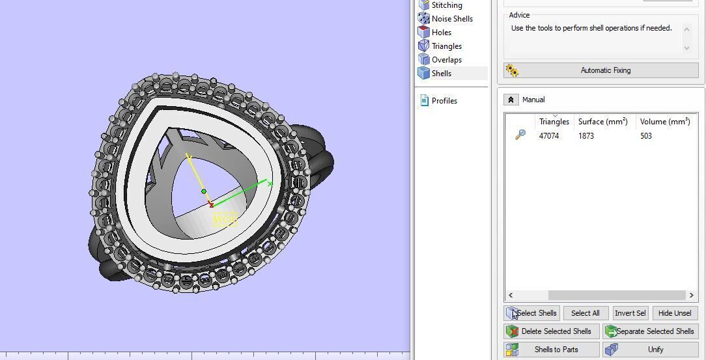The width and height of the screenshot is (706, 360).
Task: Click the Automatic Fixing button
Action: pyautogui.click(x=600, y=70)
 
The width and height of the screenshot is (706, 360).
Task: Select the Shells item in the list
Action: pyautogui.click(x=441, y=74)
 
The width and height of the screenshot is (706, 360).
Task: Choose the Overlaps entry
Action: pyautogui.click(x=446, y=60)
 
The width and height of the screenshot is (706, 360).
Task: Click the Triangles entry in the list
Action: pyautogui.click(x=446, y=46)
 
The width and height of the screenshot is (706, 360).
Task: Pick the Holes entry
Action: pyautogui.click(x=441, y=33)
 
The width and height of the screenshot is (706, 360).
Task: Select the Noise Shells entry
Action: pyautogui.click(x=451, y=19)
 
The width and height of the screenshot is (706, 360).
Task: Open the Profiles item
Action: pyautogui.click(x=444, y=101)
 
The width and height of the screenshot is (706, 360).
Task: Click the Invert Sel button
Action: pyautogui.click(x=630, y=313)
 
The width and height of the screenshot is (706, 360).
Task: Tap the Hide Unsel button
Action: pyautogui.click(x=674, y=313)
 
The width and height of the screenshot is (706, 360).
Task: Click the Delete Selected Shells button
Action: pyautogui.click(x=550, y=331)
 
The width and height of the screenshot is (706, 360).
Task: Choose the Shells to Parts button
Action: pyautogui.click(x=550, y=350)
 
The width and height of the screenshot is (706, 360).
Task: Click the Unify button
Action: pyautogui.click(x=650, y=350)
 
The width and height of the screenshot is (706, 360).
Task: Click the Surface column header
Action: pyautogui.click(x=602, y=122)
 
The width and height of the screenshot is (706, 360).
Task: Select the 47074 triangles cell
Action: pyautogui.click(x=548, y=136)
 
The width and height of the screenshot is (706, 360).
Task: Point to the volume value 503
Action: pyautogui.click(x=645, y=136)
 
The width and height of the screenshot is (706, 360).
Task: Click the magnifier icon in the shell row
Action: pyautogui.click(x=520, y=135)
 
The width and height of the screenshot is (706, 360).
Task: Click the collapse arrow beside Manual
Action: pyautogui.click(x=511, y=100)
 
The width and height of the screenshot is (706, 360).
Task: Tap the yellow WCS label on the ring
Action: pyautogui.click(x=224, y=219)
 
